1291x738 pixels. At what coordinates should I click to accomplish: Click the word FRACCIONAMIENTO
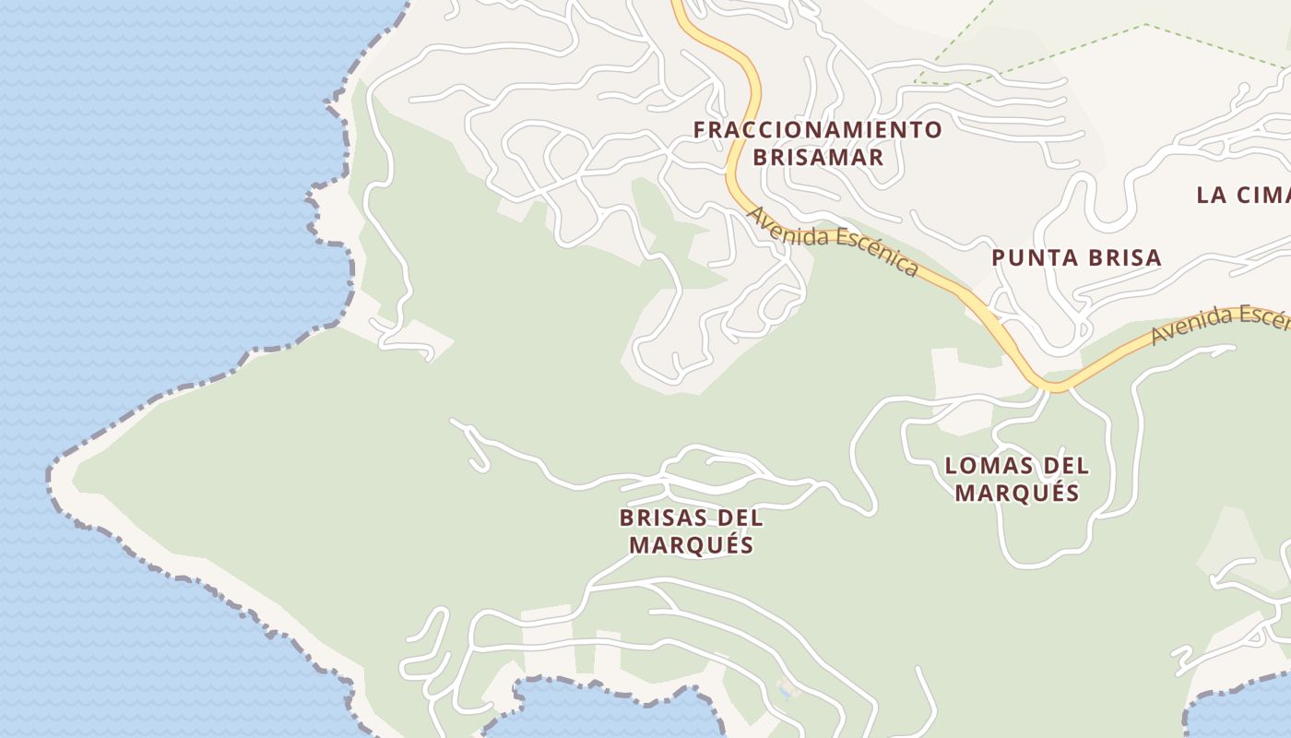pyautogui.click(x=817, y=130)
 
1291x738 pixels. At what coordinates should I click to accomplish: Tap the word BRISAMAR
pyautogui.click(x=817, y=157)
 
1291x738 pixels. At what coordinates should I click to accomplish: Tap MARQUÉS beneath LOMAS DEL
pyautogui.click(x=1016, y=493)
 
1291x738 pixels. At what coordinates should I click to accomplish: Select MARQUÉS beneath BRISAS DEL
pyautogui.click(x=691, y=545)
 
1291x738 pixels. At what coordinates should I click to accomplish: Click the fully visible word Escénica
pyautogui.click(x=878, y=252)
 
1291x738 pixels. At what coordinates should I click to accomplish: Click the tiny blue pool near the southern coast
pyautogui.click(x=785, y=689)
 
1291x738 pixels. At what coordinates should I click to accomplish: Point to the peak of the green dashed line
pyautogui.click(x=1145, y=25)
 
